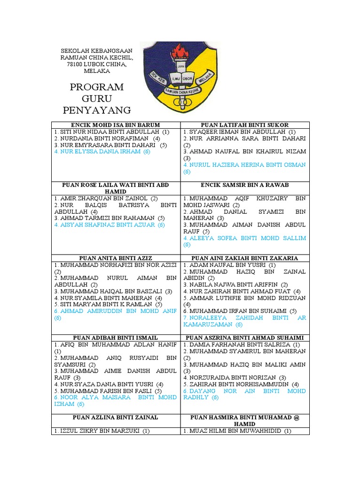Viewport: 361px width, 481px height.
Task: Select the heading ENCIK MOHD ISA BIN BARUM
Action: point(116,125)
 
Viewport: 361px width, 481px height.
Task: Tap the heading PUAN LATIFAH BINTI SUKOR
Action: point(245,125)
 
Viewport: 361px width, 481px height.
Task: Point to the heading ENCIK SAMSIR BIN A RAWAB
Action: point(245,185)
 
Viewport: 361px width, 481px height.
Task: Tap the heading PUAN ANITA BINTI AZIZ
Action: point(116,258)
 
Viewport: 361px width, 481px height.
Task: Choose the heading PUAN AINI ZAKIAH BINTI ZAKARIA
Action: point(245,258)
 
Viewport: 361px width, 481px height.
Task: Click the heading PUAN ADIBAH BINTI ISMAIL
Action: point(116,338)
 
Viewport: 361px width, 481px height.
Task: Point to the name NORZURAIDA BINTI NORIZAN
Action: point(235,377)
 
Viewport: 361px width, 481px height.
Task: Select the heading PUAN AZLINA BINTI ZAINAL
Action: point(116,417)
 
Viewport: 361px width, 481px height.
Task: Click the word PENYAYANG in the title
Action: point(96,110)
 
